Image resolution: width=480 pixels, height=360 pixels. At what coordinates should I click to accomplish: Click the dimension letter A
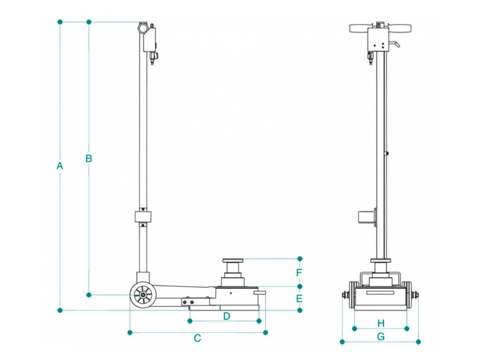pyautogui.click(x=60, y=165)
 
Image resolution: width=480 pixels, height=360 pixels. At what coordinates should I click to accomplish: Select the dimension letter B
pyautogui.click(x=89, y=158)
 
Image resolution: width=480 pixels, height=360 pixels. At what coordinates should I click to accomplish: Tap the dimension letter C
pyautogui.click(x=197, y=338)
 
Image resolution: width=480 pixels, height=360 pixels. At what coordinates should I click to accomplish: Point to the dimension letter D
pyautogui.click(x=226, y=316)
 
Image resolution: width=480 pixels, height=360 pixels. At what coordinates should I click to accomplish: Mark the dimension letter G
pyautogui.click(x=381, y=336)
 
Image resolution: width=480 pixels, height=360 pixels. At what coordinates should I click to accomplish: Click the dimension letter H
pyautogui.click(x=381, y=323)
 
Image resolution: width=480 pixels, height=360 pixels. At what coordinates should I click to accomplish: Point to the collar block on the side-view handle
pyautogui.click(x=143, y=217)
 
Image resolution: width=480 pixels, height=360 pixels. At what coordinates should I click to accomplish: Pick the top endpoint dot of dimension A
pyautogui.click(x=60, y=22)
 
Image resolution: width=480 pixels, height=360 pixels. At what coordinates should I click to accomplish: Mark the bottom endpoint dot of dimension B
pyautogui.click(x=89, y=294)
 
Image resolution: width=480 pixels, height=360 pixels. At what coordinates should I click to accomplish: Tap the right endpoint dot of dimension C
pyautogui.click(x=265, y=332)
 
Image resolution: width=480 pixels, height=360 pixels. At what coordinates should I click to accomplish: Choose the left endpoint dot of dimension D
pyautogui.click(x=189, y=321)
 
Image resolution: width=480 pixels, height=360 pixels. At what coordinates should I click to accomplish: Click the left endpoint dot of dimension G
pyautogui.click(x=342, y=342)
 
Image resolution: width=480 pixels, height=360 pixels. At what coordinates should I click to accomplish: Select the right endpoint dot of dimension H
pyautogui.click(x=407, y=329)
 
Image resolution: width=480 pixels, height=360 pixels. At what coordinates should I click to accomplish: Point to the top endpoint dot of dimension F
pyautogui.click(x=300, y=258)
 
